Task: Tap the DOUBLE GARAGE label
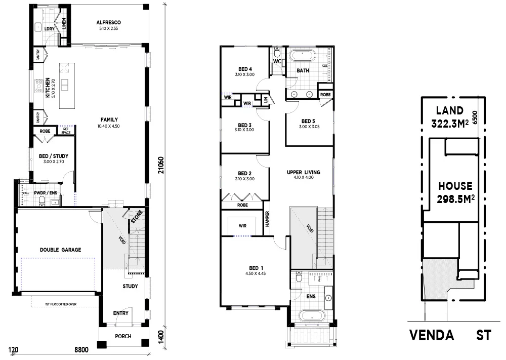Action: [60, 250]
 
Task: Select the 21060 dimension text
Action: [160, 166]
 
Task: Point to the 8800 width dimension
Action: [81, 349]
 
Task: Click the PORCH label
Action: [123, 336]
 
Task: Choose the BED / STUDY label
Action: [50, 156]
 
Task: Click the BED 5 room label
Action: [308, 121]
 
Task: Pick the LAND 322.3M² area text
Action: [449, 117]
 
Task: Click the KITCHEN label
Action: [47, 88]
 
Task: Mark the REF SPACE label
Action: [66, 130]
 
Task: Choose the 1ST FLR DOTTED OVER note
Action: [60, 304]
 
